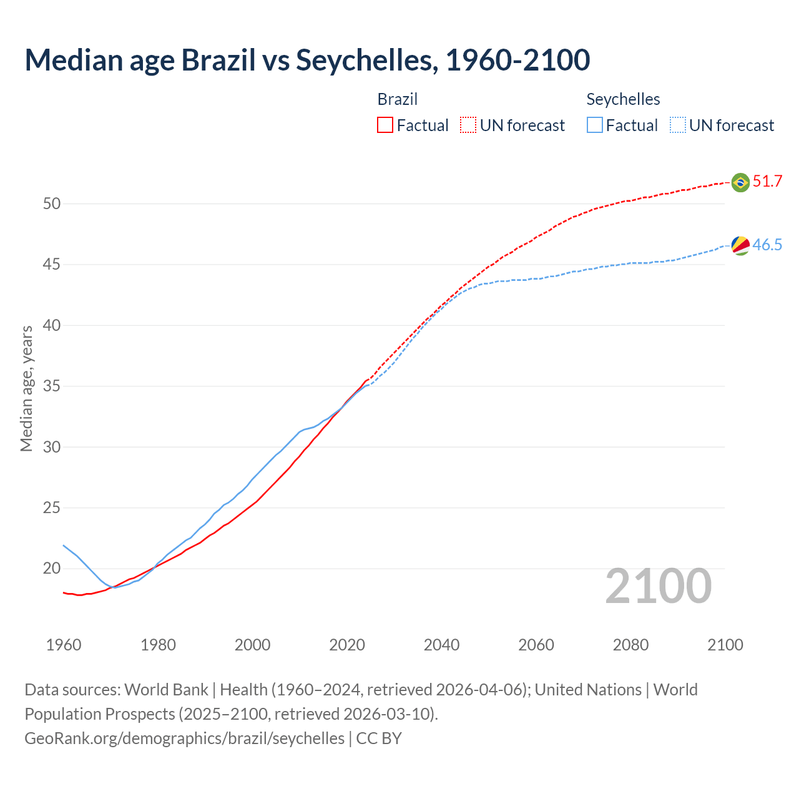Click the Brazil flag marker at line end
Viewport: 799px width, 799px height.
tap(740, 182)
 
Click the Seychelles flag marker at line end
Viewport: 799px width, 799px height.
tap(740, 245)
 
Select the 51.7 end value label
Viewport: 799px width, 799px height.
tap(767, 182)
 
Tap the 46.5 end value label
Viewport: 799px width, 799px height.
tap(767, 245)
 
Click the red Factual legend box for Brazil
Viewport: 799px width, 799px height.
tap(385, 125)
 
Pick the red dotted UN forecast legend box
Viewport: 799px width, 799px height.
tap(468, 125)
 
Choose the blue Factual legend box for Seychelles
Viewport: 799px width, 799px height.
tap(595, 125)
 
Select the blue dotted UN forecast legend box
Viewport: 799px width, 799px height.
tap(677, 125)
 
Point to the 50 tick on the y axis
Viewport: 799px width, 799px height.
tap(52, 204)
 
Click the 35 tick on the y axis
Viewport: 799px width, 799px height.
tap(52, 386)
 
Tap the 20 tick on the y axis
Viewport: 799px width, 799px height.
tap(52, 569)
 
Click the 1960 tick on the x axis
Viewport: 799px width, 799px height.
tap(64, 645)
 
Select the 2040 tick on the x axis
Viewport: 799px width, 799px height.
tap(441, 645)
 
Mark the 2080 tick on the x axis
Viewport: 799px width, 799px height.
tap(630, 645)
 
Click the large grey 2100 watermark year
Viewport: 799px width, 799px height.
tap(659, 586)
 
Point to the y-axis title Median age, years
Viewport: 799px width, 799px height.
tap(26, 388)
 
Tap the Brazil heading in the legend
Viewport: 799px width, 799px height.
tap(398, 99)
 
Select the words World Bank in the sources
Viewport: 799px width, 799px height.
tap(166, 690)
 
